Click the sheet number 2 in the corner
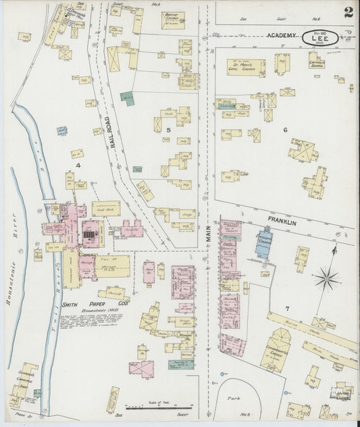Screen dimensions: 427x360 point(347,11)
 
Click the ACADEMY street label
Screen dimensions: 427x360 point(282,35)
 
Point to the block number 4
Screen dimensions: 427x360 point(78,165)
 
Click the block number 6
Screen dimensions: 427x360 point(285,130)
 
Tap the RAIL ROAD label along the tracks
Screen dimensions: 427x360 point(107,132)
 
